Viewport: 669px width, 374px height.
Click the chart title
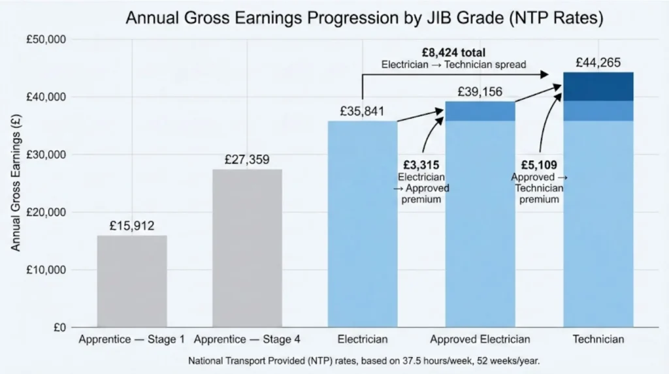pyautogui.click(x=364, y=18)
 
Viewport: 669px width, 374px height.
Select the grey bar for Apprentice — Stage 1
pyautogui.click(x=132, y=281)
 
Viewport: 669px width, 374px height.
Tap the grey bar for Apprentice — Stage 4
pyautogui.click(x=247, y=248)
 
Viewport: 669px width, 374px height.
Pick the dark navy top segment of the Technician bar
pyautogui.click(x=598, y=86)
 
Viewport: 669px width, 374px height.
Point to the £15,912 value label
pyautogui.click(x=132, y=226)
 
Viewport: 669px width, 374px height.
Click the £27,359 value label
pyautogui.click(x=247, y=159)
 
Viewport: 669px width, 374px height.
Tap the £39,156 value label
pyautogui.click(x=480, y=91)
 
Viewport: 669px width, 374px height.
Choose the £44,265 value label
pyautogui.click(x=598, y=62)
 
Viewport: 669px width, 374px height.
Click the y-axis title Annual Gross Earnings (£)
pyautogui.click(x=16, y=183)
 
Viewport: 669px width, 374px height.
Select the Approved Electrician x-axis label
pyautogui.click(x=480, y=339)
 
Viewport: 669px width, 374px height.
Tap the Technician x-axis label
pyautogui.click(x=598, y=339)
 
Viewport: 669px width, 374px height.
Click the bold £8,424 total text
pyautogui.click(x=453, y=53)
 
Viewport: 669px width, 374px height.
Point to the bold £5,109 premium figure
pyautogui.click(x=539, y=166)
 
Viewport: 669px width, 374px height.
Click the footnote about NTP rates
pyautogui.click(x=364, y=360)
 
